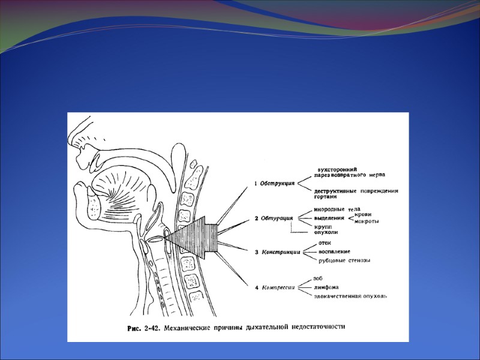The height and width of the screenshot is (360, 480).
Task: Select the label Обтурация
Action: [277, 218]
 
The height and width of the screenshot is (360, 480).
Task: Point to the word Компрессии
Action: [279, 288]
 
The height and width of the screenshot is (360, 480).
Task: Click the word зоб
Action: [318, 278]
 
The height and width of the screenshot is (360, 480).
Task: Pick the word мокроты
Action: [367, 221]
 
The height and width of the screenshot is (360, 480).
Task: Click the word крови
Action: [364, 214]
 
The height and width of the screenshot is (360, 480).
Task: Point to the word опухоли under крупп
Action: [326, 233]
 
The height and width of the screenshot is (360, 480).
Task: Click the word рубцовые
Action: [332, 260]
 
